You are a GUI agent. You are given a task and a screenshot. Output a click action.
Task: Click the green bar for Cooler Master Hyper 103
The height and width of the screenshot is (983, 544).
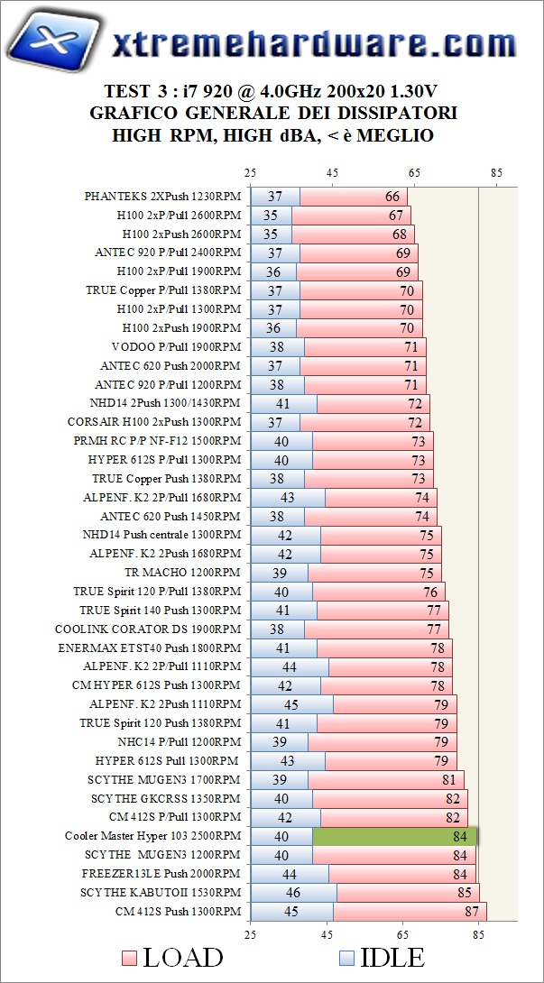[394, 836]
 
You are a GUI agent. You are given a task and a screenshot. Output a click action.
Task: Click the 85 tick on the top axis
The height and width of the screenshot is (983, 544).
[496, 172]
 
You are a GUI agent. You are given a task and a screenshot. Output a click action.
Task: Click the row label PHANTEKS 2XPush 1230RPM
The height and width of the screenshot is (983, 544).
[162, 196]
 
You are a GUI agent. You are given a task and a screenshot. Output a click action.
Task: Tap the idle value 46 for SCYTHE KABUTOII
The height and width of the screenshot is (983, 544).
[293, 892]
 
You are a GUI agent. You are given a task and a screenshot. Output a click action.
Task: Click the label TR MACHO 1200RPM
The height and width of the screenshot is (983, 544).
[182, 572]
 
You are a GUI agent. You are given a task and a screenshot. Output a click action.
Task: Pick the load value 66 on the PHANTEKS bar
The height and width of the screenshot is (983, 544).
[392, 196]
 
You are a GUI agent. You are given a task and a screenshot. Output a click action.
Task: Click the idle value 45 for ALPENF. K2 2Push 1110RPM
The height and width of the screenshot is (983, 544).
[291, 703]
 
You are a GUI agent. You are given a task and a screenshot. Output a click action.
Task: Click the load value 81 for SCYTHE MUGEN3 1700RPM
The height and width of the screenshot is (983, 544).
[449, 779]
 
